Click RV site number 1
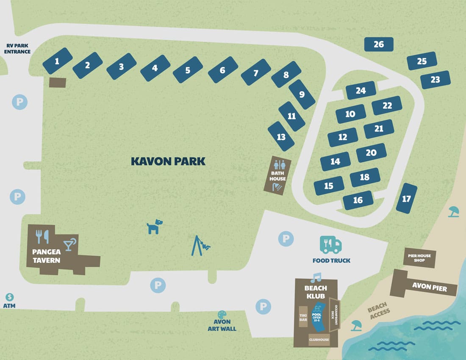click(58, 61)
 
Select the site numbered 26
click(379, 44)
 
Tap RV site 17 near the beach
click(407, 198)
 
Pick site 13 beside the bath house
click(281, 136)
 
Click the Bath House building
click(277, 175)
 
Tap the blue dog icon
click(155, 227)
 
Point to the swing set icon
click(200, 246)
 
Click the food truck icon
click(330, 244)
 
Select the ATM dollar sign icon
click(10, 297)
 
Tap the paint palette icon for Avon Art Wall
click(222, 315)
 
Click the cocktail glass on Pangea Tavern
click(69, 244)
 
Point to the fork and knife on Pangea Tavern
click(43, 237)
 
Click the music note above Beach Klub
click(316, 278)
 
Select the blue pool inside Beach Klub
click(317, 318)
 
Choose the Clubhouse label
click(319, 339)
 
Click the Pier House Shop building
click(419, 258)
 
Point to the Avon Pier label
click(429, 287)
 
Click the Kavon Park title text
click(168, 161)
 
